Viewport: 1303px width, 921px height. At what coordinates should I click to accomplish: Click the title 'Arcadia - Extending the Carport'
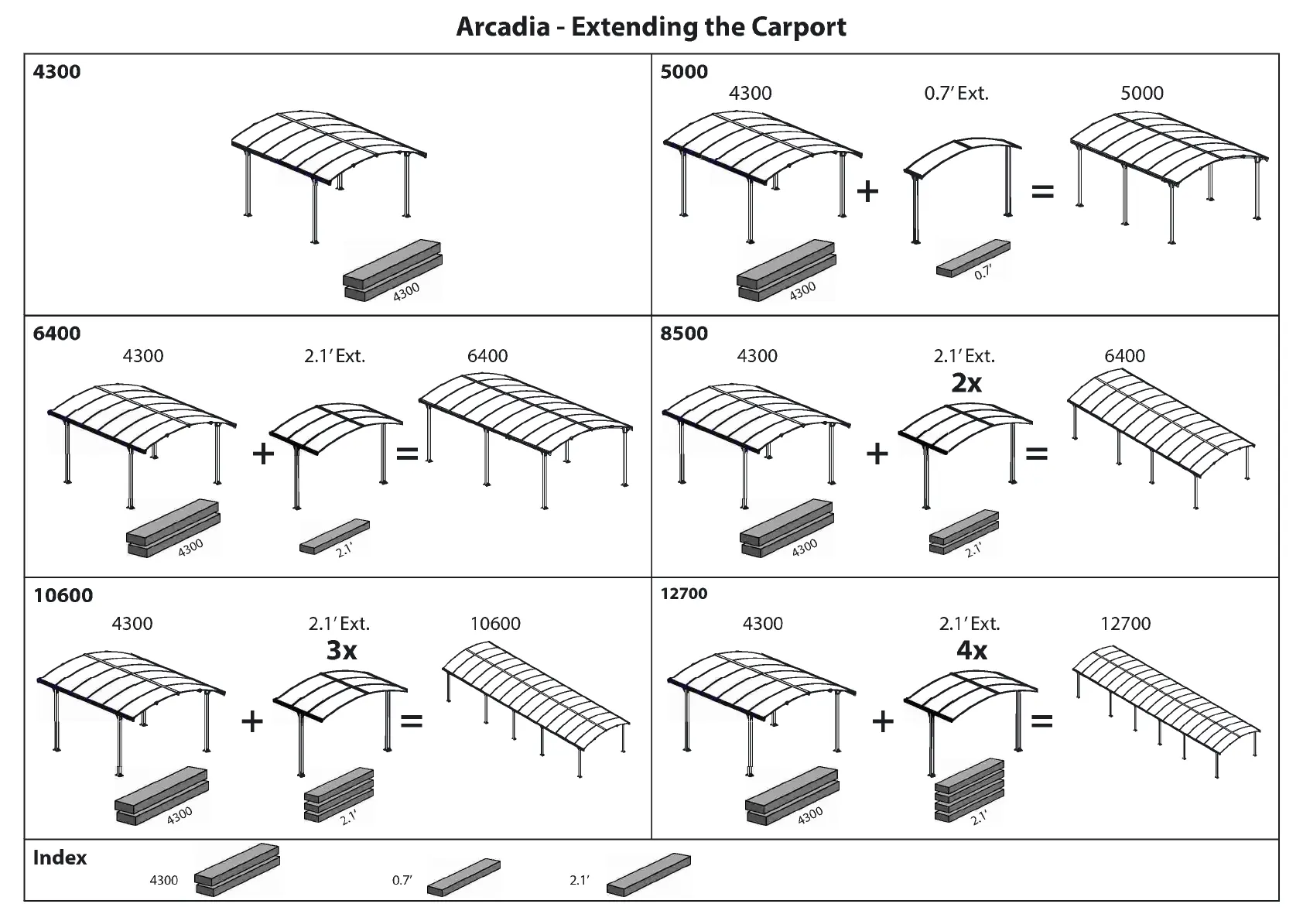(651, 26)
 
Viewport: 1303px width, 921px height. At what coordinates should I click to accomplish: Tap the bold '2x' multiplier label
(966, 382)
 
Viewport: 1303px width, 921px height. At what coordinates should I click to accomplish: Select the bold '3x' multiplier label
(341, 650)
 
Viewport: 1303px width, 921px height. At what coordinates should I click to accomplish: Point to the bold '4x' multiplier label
(972, 650)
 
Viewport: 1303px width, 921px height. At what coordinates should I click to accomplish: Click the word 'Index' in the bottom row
(60, 858)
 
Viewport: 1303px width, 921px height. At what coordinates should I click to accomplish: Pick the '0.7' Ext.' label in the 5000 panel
(956, 94)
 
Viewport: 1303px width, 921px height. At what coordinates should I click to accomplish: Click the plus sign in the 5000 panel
(868, 190)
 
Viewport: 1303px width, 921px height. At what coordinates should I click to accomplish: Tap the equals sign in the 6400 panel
(407, 454)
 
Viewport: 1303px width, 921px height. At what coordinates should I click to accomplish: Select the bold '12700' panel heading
(684, 594)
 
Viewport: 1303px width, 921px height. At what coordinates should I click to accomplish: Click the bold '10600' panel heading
(63, 595)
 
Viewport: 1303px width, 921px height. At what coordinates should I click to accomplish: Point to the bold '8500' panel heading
(684, 334)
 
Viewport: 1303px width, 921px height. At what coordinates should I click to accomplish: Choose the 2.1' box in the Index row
(648, 874)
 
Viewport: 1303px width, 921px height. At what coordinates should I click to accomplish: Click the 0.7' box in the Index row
(463, 876)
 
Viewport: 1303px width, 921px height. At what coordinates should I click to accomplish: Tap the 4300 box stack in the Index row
(236, 871)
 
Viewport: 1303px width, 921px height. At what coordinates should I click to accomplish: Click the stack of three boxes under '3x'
(339, 795)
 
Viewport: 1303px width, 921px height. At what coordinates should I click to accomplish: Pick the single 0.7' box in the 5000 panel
(972, 258)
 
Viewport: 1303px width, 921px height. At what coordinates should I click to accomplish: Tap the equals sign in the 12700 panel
(1042, 721)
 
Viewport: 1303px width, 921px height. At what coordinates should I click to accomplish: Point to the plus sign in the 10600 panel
(252, 721)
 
